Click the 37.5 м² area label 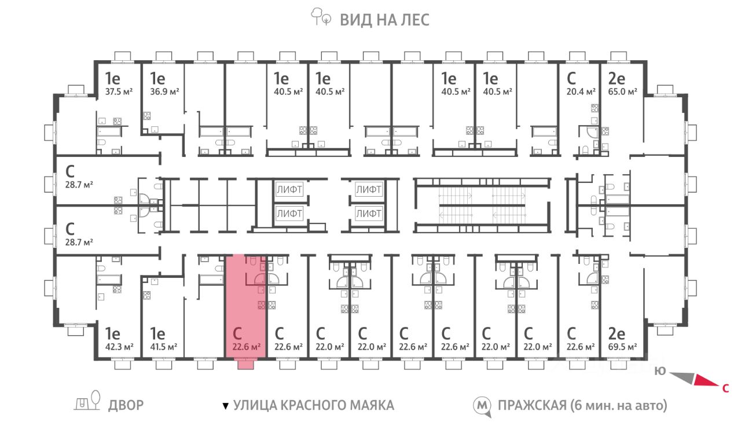click(119, 91)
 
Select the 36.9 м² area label click(164, 91)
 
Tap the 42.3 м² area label click(119, 347)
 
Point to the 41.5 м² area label click(164, 347)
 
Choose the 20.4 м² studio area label click(581, 91)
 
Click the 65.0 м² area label click(622, 91)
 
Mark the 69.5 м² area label click(622, 347)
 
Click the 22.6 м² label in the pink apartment click(247, 347)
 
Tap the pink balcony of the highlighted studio click(246, 365)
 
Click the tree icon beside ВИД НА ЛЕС click(321, 17)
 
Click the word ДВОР click(126, 405)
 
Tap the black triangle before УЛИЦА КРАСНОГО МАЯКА click(226, 406)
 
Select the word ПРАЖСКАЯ click(532, 405)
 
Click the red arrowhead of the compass click(706, 381)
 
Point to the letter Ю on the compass click(661, 371)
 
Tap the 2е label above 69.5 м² click(617, 334)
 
